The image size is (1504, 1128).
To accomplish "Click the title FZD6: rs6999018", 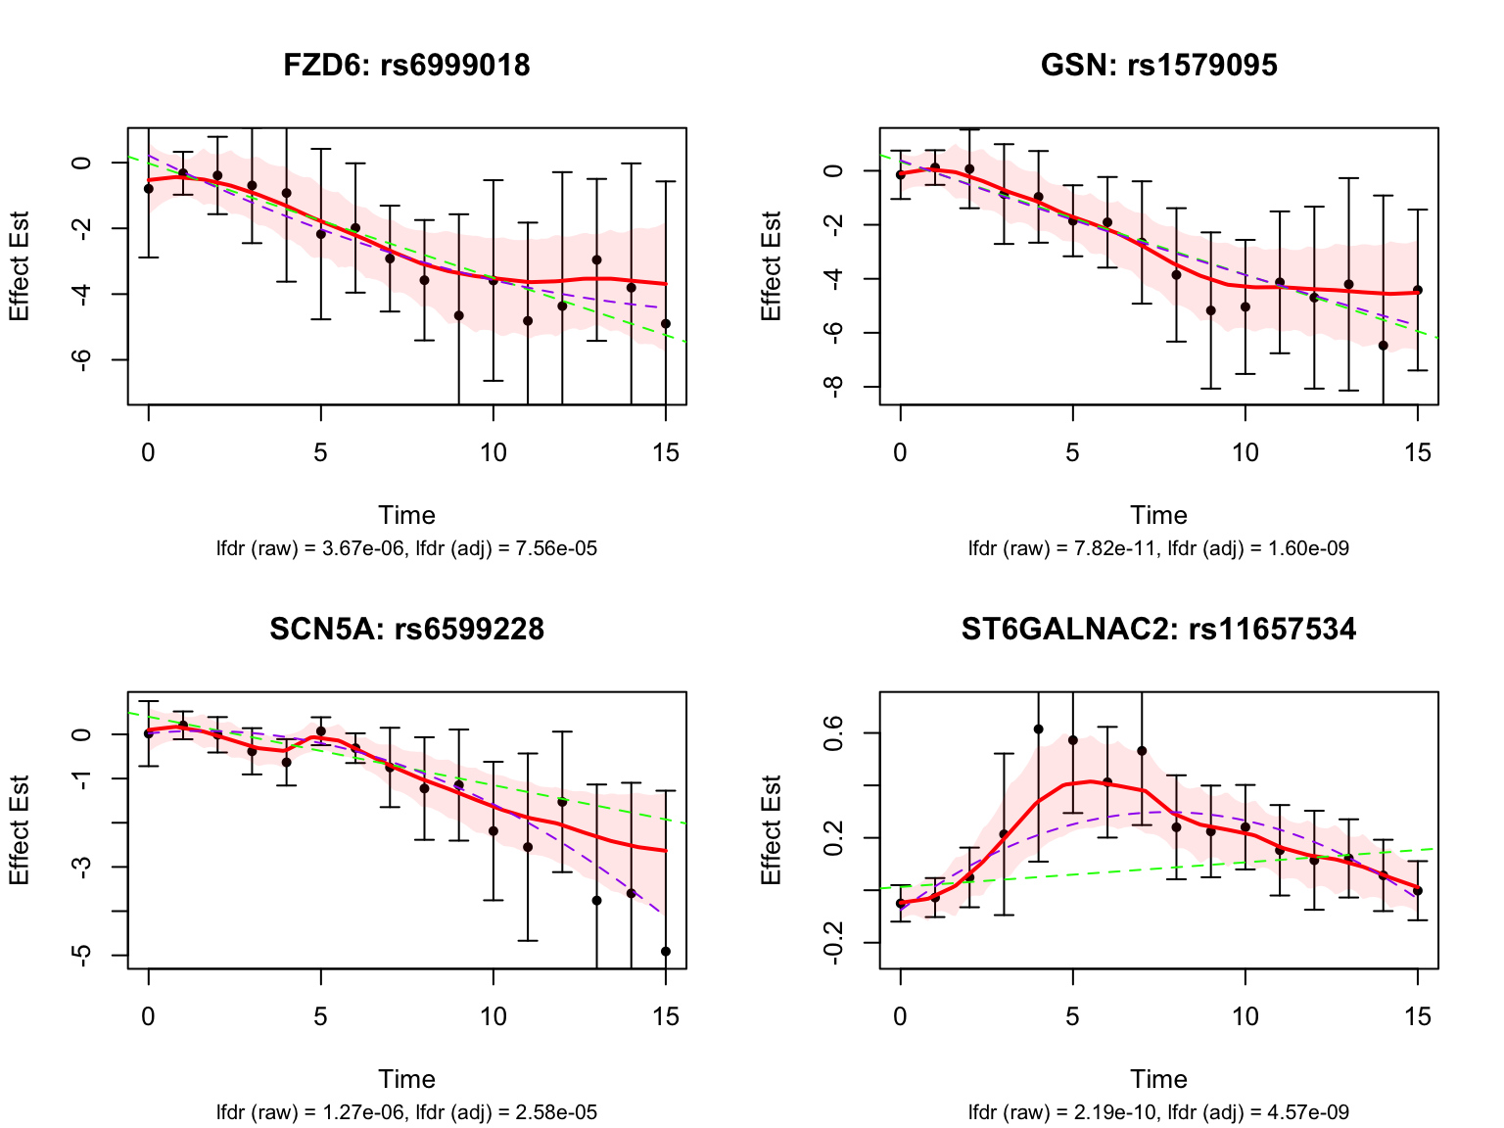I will click(x=406, y=66).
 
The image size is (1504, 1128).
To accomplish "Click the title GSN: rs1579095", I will click(x=1158, y=66).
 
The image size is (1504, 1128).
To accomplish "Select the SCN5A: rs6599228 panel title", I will click(x=406, y=629).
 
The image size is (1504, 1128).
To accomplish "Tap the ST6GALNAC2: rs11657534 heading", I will click(x=1158, y=629).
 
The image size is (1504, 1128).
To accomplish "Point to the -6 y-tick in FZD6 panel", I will click(x=82, y=359).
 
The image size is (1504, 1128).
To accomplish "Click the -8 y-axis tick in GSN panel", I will click(x=834, y=387).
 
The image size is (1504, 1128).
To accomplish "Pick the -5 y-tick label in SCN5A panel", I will click(x=82, y=955).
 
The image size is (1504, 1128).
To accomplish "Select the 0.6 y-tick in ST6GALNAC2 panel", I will click(x=834, y=732).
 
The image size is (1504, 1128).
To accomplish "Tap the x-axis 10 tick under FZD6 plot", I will click(x=493, y=453).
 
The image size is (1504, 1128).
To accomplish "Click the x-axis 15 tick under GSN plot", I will click(x=1418, y=453).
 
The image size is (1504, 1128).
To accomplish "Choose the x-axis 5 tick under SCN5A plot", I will click(x=320, y=1017).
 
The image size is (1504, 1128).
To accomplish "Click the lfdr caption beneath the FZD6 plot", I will click(x=406, y=549).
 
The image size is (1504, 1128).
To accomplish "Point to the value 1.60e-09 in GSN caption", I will click(x=1307, y=549).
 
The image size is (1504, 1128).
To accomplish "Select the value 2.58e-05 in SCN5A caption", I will click(x=555, y=1113).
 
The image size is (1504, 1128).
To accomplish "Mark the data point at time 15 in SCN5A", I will click(x=666, y=951).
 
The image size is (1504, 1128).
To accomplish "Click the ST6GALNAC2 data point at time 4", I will click(x=1038, y=729).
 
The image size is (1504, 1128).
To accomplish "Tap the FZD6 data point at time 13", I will click(x=596, y=259).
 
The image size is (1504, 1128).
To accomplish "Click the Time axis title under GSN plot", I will click(x=1158, y=516).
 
